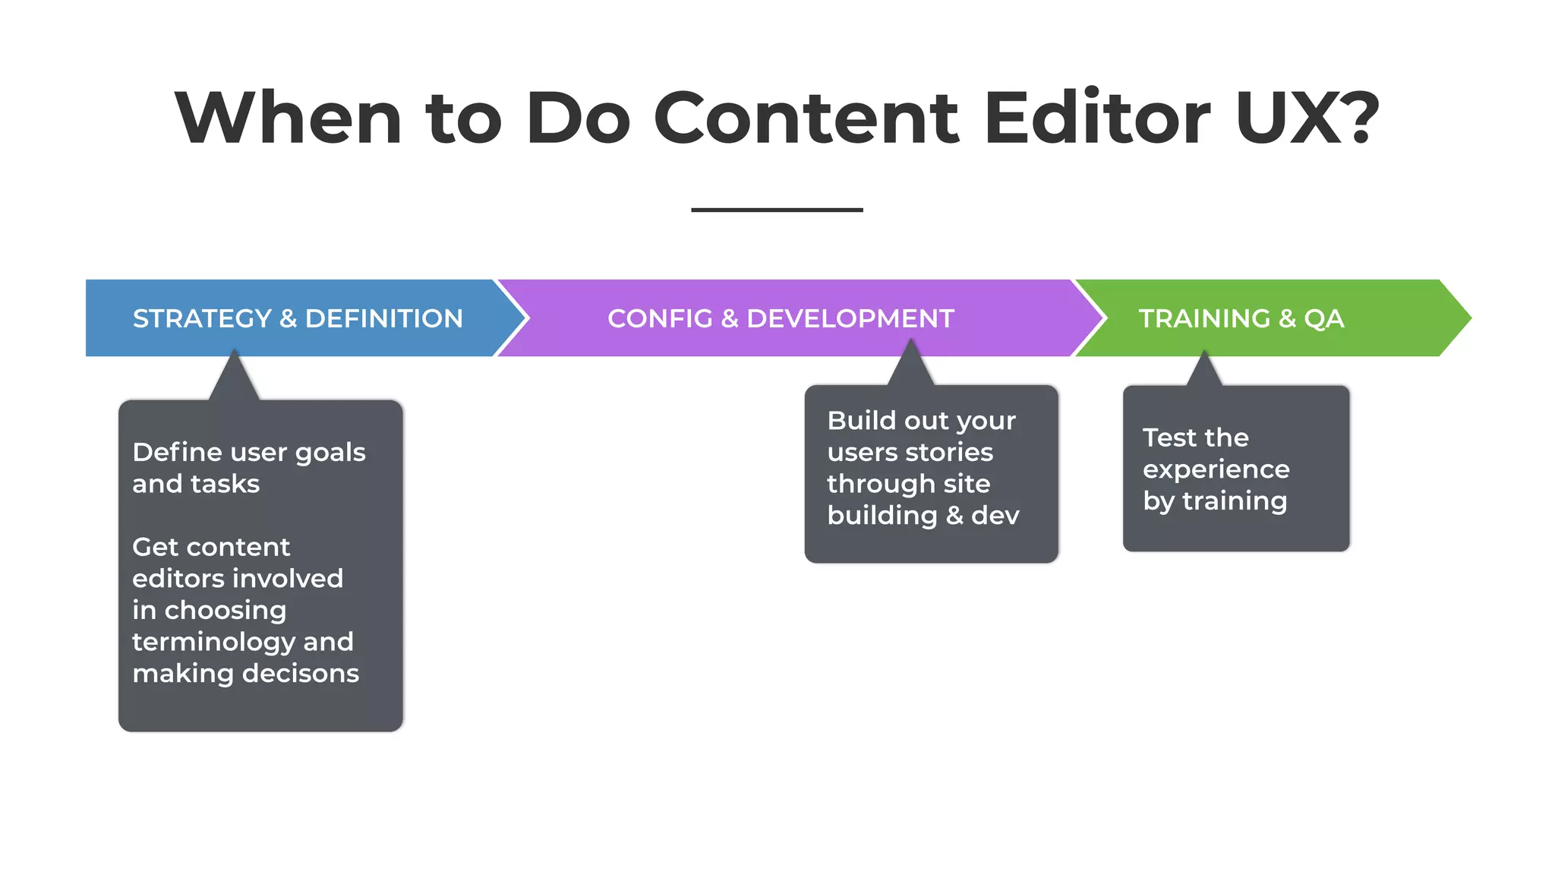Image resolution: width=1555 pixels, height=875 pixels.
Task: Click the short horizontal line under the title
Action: (777, 210)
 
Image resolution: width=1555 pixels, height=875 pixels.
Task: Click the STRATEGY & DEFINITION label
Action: (298, 318)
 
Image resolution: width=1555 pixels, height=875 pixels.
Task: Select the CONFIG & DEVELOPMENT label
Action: (781, 318)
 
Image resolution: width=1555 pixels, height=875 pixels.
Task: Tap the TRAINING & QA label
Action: (1241, 318)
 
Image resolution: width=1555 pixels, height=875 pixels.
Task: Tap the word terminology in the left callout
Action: (213, 643)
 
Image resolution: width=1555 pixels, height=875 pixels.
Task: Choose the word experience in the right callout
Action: (1216, 470)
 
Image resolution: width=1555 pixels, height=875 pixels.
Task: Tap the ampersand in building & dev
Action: (954, 516)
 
